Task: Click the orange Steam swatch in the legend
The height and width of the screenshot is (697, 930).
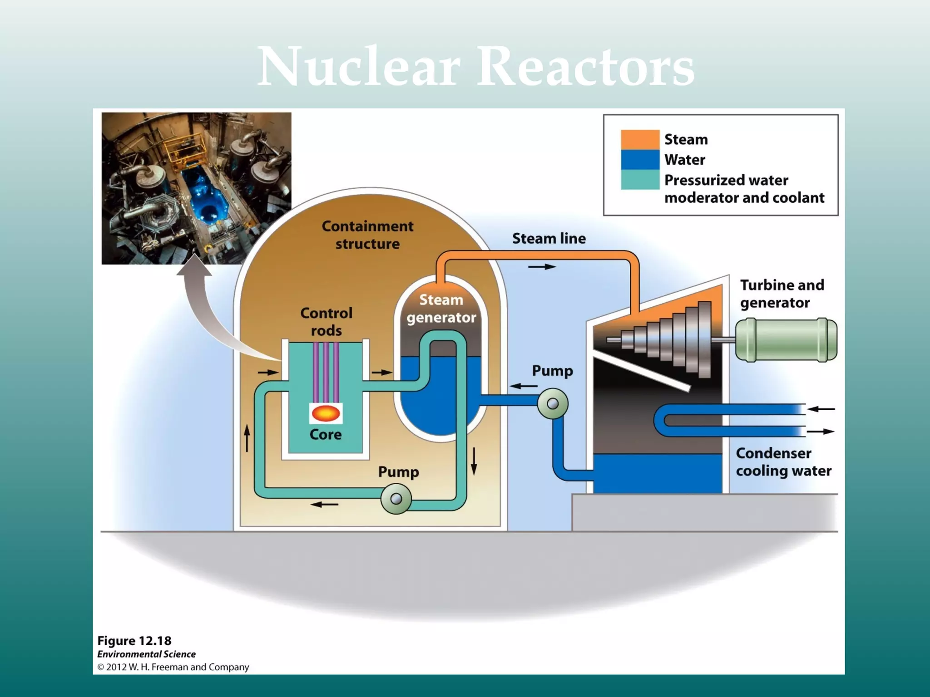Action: (640, 139)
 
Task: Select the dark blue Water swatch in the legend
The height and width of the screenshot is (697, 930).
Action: (640, 160)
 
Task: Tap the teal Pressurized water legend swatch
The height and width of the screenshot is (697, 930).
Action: (640, 180)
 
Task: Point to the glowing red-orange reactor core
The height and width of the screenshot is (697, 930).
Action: (326, 413)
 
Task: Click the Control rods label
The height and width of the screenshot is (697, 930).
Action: (326, 321)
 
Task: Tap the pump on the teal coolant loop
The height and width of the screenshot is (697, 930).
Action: (396, 499)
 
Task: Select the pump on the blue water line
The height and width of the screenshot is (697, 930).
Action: (553, 403)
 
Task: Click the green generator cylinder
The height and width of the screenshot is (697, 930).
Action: (786, 340)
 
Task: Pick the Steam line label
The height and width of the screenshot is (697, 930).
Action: (549, 238)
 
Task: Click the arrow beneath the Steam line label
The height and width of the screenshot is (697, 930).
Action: (542, 267)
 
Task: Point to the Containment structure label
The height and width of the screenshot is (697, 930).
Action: (367, 235)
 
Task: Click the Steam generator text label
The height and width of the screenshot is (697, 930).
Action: (441, 308)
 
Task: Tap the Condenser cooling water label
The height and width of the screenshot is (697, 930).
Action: (783, 461)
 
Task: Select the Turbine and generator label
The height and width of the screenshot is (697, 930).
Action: (782, 294)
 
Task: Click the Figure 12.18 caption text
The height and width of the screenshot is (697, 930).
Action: (134, 641)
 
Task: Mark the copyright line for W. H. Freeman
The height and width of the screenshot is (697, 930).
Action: (173, 667)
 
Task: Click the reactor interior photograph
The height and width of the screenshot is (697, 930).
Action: (196, 188)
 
